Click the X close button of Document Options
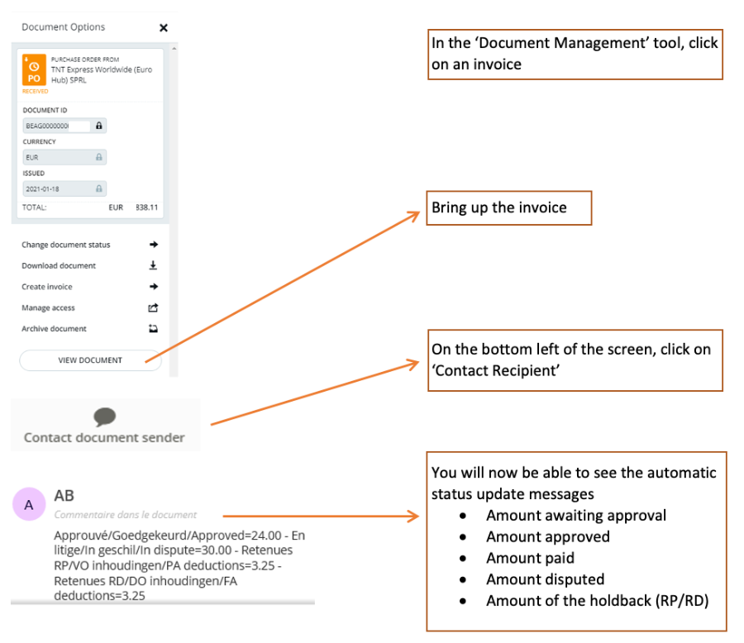pos(163,27)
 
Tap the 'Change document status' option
pos(66,245)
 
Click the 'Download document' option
pos(59,266)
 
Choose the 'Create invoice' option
pos(47,287)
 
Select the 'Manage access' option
pos(48,307)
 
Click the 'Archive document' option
pos(54,329)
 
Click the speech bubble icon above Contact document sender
pos(105,417)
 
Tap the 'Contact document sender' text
pos(104,438)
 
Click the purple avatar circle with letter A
pos(29,504)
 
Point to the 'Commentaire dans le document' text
pos(125,515)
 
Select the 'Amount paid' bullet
pos(530,558)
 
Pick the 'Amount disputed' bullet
pos(545,579)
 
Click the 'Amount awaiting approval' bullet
pos(575,516)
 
